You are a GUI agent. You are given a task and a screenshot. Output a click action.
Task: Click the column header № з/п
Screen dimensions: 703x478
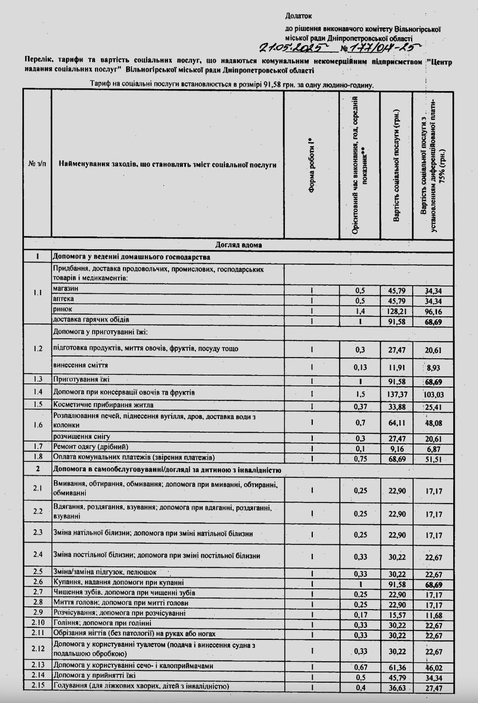tap(37, 164)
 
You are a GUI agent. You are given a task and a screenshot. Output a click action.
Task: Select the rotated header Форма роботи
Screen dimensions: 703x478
tap(311, 164)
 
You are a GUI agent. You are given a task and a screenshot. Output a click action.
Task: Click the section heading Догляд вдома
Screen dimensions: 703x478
tap(238, 245)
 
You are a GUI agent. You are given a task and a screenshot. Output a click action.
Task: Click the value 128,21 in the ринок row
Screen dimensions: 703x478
tap(396, 310)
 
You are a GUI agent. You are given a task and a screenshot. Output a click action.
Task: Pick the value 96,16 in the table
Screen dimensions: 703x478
tap(433, 310)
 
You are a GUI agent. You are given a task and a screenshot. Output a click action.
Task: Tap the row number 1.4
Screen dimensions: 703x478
tap(37, 392)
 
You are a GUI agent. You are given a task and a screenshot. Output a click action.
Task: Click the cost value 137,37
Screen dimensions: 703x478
tap(396, 393)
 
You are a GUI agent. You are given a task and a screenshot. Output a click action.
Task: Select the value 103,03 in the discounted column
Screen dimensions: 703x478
tap(433, 393)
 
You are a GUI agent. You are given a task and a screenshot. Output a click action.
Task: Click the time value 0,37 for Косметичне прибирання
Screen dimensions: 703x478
tap(359, 406)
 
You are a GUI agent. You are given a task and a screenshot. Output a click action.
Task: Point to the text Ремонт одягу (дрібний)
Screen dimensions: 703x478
tap(90, 447)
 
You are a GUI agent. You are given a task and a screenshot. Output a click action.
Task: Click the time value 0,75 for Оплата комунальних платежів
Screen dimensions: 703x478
tap(359, 457)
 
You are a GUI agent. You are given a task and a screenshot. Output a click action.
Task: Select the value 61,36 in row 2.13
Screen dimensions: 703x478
tap(396, 666)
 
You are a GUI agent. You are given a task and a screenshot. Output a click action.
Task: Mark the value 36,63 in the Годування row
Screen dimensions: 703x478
tap(396, 687)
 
